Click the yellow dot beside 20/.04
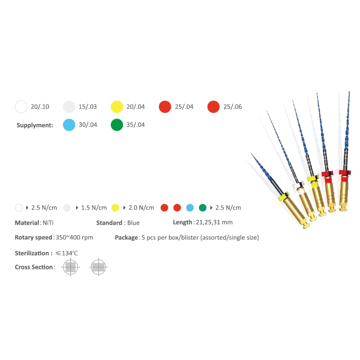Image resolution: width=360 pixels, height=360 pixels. click(117, 107)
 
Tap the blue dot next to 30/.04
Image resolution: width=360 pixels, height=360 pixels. click(69, 125)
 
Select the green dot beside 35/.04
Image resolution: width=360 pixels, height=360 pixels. click(117, 125)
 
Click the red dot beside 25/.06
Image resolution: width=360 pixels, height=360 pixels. click(213, 107)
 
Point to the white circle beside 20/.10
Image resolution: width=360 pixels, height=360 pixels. click(21, 107)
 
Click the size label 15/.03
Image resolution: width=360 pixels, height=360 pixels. click(87, 107)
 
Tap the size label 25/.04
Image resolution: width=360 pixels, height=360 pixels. click(184, 107)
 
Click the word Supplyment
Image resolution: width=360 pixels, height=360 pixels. click(35, 125)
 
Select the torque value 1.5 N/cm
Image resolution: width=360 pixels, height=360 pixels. click(94, 208)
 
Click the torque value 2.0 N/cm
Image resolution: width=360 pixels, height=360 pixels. click(141, 208)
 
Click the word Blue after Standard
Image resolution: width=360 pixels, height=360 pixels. click(133, 223)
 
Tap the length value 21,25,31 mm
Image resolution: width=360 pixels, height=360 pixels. click(214, 222)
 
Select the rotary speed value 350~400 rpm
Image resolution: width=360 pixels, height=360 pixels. click(75, 238)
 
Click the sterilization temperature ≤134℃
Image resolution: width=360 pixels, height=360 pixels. click(67, 253)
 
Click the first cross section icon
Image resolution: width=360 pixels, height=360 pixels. click(71, 267)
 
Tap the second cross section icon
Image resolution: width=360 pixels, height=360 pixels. click(98, 267)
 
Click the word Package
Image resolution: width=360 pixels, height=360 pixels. click(127, 238)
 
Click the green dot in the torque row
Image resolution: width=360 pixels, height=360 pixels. click(203, 208)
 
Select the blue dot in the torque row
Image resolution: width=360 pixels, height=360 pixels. click(190, 208)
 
